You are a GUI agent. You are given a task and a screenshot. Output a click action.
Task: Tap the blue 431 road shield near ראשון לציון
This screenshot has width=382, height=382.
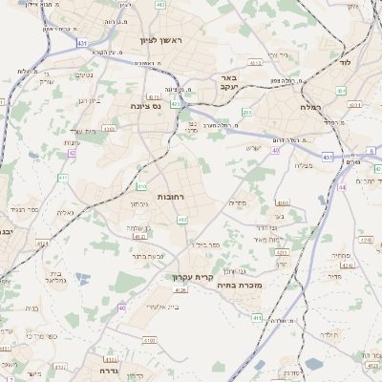click(x=83, y=44)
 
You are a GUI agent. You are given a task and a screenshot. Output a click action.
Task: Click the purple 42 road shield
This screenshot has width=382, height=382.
click(x=72, y=153)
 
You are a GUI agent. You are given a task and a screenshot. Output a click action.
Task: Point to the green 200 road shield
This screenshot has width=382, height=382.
click(x=246, y=113)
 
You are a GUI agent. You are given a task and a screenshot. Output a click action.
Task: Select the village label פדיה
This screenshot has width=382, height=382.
click(x=237, y=202)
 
